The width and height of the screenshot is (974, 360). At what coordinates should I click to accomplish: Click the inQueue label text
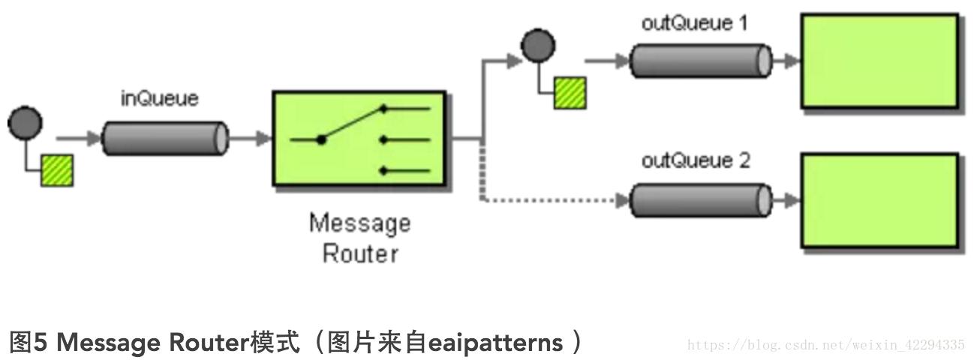(160, 98)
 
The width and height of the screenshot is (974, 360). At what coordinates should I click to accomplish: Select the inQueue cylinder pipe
(164, 138)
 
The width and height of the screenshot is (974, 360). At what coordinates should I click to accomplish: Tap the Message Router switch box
(360, 139)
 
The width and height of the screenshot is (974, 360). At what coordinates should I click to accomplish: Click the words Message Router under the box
(360, 238)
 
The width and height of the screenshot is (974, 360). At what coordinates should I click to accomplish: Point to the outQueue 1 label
(695, 22)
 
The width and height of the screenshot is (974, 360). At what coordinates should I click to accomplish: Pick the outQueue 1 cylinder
(701, 61)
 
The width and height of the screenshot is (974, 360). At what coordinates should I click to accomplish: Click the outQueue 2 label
(696, 160)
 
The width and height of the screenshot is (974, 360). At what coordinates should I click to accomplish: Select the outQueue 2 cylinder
(701, 200)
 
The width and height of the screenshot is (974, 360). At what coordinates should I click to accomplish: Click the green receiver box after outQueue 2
(879, 200)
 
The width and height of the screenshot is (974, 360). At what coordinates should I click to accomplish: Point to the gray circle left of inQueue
(25, 123)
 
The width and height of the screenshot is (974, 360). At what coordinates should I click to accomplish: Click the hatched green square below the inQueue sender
(57, 169)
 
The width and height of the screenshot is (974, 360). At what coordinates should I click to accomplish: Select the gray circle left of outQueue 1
(538, 46)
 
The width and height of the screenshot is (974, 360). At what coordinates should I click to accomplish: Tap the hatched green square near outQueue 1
(570, 93)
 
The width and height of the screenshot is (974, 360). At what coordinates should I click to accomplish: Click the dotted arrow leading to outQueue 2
(555, 200)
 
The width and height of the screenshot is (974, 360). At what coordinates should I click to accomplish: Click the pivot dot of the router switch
(321, 139)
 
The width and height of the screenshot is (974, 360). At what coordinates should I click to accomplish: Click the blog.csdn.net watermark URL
(825, 345)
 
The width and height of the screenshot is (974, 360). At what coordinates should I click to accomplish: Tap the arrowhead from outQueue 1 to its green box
(792, 61)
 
